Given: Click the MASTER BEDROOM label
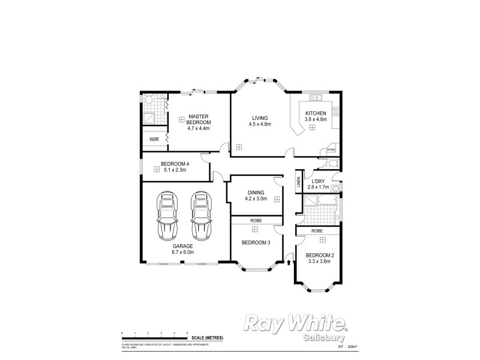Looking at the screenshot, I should pyautogui.click(x=198, y=119).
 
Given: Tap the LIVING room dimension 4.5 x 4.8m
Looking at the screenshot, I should pyautogui.click(x=260, y=124).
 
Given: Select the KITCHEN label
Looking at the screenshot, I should pyautogui.click(x=316, y=113).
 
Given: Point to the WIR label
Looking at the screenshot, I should pyautogui.click(x=154, y=139).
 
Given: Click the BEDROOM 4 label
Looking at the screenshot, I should pyautogui.click(x=175, y=164).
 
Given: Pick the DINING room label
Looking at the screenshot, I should pyautogui.click(x=255, y=193).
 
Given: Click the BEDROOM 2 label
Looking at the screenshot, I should pyautogui.click(x=319, y=255).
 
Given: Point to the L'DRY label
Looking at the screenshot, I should pyautogui.click(x=318, y=181).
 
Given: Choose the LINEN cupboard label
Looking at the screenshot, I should pyautogui.click(x=298, y=184).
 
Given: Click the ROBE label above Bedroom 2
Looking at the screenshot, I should pyautogui.click(x=317, y=230).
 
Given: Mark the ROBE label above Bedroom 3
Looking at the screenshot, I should pyautogui.click(x=256, y=221).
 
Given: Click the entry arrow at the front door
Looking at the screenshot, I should pyautogui.click(x=289, y=262).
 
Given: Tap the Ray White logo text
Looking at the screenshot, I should pyautogui.click(x=295, y=324).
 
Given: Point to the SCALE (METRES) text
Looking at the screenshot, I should pyautogui.click(x=208, y=338).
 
